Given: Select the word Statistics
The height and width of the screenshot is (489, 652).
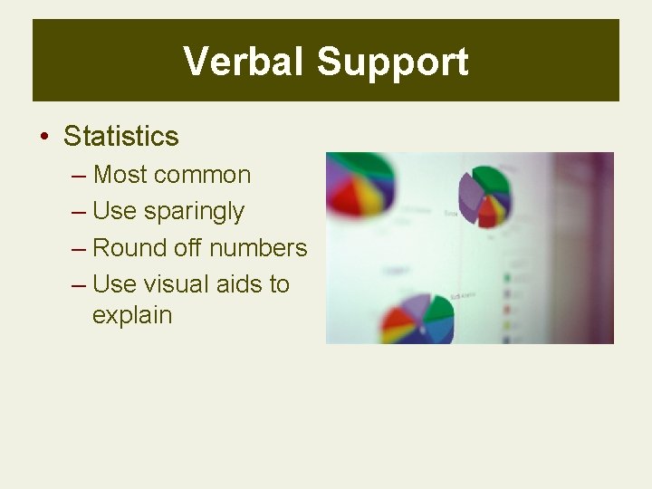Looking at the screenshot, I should pyautogui.click(x=121, y=137).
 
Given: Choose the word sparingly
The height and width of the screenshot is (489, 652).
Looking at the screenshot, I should pyautogui.click(x=194, y=212).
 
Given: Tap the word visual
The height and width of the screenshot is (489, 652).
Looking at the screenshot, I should pyautogui.click(x=179, y=283).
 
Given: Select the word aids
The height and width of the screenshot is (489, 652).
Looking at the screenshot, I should pyautogui.click(x=240, y=283).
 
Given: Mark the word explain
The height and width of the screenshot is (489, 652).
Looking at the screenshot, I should pyautogui.click(x=132, y=315).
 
